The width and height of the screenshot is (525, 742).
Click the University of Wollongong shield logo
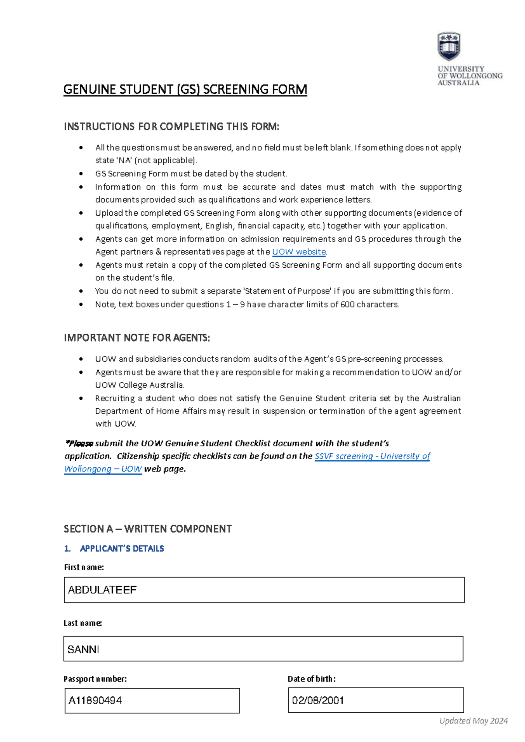tap(449, 46)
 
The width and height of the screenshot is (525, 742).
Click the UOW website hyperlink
tap(299, 252)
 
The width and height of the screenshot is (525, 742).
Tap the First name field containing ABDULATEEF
tap(264, 590)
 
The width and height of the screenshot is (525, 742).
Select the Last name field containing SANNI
tap(263, 649)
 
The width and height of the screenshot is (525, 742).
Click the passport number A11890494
tap(95, 700)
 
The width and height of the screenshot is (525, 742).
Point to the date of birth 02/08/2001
tap(318, 700)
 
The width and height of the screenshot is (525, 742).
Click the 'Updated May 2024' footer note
tap(473, 721)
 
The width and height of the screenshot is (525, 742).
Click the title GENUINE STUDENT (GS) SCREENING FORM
tap(185, 90)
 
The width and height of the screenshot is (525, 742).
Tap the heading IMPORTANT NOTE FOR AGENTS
tap(136, 338)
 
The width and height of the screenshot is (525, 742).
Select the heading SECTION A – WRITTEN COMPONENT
tap(147, 529)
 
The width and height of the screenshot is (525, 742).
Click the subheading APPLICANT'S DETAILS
tap(122, 549)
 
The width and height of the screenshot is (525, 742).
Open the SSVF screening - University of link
tap(372, 456)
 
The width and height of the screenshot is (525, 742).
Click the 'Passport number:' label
tap(95, 679)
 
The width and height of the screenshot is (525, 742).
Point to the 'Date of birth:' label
tap(311, 679)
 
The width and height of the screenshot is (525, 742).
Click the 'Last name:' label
tap(83, 623)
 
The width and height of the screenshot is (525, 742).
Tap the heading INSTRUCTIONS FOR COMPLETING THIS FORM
tap(171, 127)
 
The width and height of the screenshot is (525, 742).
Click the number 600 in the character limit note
tap(347, 304)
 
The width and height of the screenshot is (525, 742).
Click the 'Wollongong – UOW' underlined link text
tap(103, 469)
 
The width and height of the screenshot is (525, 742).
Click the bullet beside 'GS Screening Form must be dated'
tap(81, 174)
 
